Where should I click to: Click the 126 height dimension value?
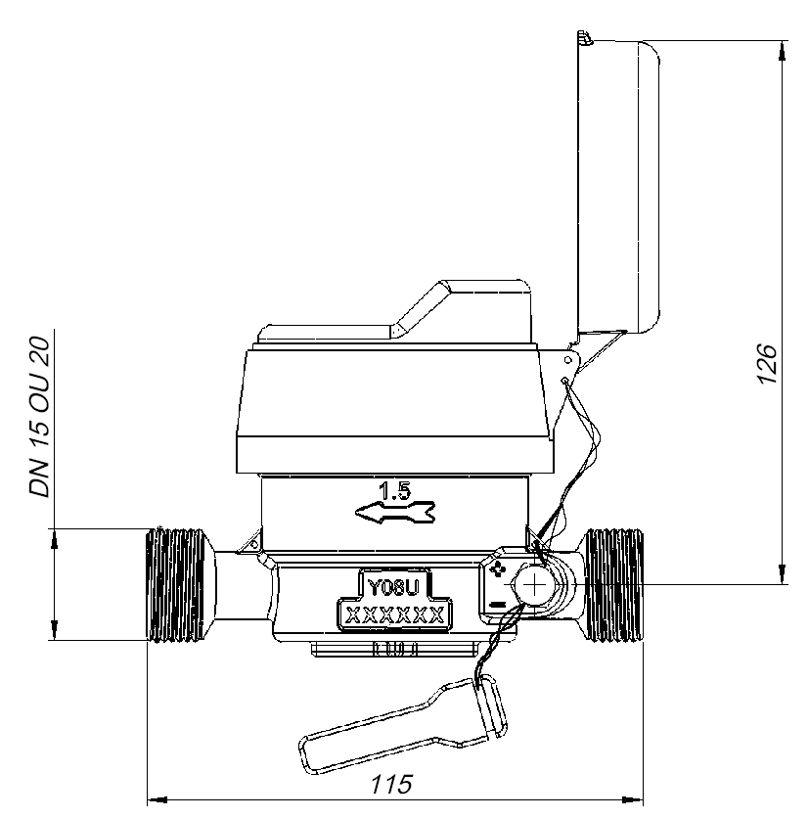tap(767, 364)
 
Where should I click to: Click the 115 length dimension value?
tap(391, 784)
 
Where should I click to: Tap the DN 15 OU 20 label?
tap(40, 418)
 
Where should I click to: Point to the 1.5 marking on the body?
tap(395, 491)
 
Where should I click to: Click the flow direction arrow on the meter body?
tap(395, 513)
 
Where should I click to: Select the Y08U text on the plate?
tap(394, 587)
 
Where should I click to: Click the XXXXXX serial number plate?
tap(395, 615)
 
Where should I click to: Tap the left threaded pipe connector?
tap(180, 585)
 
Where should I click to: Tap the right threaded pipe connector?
tap(613, 585)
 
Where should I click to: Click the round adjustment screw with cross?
tap(535, 585)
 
